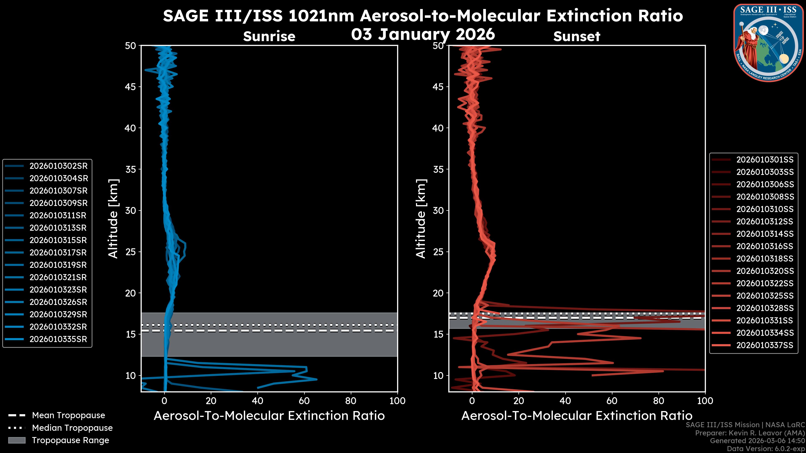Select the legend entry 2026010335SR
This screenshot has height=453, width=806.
[58, 339]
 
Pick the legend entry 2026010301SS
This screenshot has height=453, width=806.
[765, 160]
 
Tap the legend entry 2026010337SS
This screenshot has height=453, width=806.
[765, 345]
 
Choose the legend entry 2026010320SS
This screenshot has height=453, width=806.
[765, 271]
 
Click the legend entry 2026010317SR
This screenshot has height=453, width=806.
[58, 253]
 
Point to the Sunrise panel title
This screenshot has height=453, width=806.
[269, 36]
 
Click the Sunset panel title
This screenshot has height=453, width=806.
[577, 36]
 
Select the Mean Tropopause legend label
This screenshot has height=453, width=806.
[68, 415]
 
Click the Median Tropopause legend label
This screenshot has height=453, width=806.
[72, 428]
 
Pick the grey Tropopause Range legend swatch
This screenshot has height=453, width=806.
[17, 440]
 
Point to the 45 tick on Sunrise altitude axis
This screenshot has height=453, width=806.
[131, 87]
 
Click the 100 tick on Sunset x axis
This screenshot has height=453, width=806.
[705, 401]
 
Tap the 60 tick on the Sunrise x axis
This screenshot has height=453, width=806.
[304, 401]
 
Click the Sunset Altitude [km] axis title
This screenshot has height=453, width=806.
[421, 219]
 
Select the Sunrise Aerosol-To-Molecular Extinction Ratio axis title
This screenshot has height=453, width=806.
[269, 416]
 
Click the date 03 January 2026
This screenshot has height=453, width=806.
[423, 34]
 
